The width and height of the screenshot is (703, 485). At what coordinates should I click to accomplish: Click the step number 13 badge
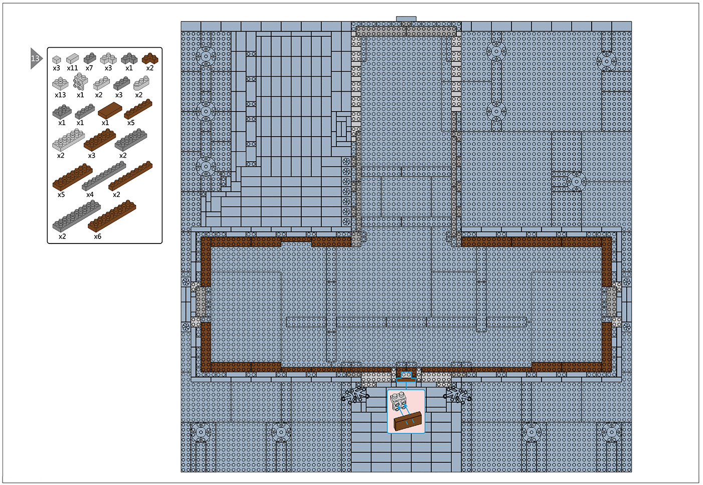click(36, 59)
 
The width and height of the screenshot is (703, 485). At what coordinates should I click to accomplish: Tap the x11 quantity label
click(72, 68)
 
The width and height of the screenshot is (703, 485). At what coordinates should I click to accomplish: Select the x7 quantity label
click(89, 68)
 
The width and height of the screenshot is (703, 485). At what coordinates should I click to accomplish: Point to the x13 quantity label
click(60, 95)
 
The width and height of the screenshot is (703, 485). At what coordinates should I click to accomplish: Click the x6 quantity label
click(98, 236)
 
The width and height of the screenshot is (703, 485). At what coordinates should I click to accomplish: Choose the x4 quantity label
click(90, 195)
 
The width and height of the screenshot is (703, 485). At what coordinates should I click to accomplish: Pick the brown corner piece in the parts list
click(150, 58)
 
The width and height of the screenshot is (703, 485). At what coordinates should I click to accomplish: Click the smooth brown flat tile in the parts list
click(110, 110)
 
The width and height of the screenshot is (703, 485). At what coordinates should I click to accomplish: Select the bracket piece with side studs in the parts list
click(80, 82)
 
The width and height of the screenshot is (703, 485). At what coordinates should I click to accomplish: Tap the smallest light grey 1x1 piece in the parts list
click(57, 59)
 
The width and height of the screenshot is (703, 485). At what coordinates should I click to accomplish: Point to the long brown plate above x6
click(112, 216)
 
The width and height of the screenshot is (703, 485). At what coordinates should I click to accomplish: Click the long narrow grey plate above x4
click(104, 176)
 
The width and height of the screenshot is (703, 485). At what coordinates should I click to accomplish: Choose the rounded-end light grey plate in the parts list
click(141, 83)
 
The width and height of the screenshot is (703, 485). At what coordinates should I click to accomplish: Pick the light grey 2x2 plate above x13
click(60, 84)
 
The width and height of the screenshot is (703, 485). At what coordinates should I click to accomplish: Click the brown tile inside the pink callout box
click(407, 421)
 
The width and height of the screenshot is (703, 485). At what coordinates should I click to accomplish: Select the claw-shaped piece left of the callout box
click(354, 395)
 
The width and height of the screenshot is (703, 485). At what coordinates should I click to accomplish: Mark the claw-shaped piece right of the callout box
click(457, 395)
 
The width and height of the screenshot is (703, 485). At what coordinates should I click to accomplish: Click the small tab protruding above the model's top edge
click(406, 19)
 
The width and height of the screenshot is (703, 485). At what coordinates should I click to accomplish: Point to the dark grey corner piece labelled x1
click(129, 58)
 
